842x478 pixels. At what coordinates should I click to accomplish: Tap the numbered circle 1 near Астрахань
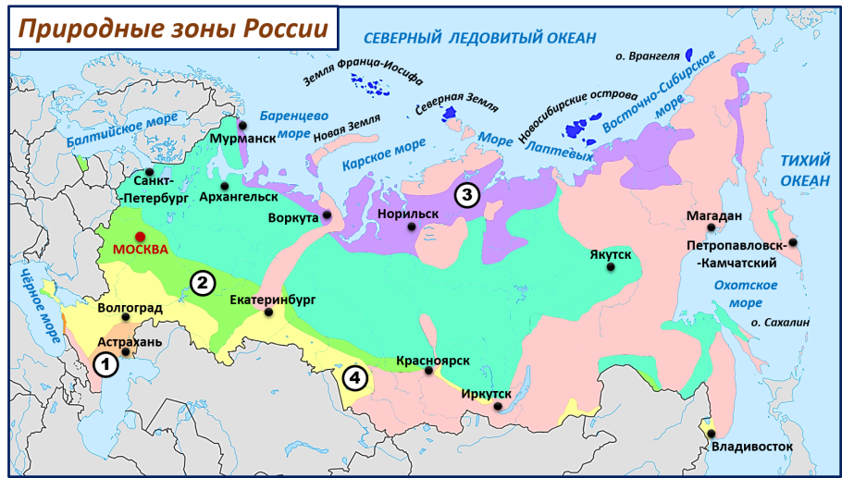click(106, 365)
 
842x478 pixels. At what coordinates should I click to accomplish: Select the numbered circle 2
click(203, 283)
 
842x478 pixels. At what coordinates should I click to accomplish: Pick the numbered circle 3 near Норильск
click(466, 195)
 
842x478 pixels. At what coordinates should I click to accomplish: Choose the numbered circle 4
click(354, 377)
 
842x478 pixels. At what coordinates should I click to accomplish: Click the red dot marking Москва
click(140, 236)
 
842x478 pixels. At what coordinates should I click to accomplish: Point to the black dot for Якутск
click(611, 267)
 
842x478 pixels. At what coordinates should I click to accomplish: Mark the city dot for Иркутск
click(489, 406)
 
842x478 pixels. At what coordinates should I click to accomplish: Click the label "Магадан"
click(713, 214)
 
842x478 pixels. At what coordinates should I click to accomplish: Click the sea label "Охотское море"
click(746, 294)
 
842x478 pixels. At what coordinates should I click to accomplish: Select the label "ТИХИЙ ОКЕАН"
click(804, 170)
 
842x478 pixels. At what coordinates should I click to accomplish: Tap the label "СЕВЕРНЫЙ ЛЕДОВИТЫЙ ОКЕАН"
click(479, 38)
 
